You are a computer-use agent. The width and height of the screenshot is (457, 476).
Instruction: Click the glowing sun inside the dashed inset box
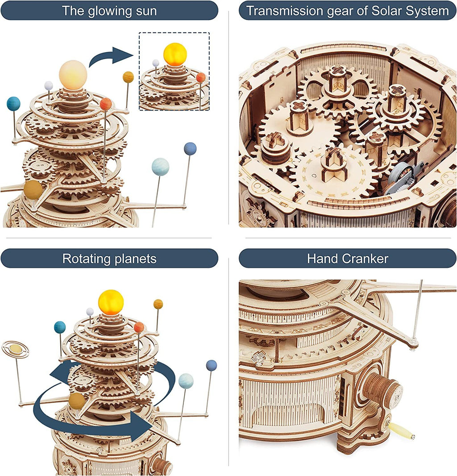point(174,54)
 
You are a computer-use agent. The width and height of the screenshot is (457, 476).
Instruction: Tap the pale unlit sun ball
point(73,74)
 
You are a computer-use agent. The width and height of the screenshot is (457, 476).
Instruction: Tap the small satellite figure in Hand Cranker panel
point(258,357)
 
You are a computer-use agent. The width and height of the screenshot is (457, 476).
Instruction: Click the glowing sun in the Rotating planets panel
point(111,302)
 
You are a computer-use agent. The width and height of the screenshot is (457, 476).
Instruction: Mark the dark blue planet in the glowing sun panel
point(190,148)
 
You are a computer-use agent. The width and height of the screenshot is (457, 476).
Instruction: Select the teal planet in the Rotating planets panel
point(59,327)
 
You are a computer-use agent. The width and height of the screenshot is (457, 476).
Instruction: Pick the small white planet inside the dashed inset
point(156,63)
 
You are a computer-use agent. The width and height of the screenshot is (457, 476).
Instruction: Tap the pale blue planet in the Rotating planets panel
point(186,381)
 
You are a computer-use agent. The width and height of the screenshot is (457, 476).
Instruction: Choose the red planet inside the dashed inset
point(201,78)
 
